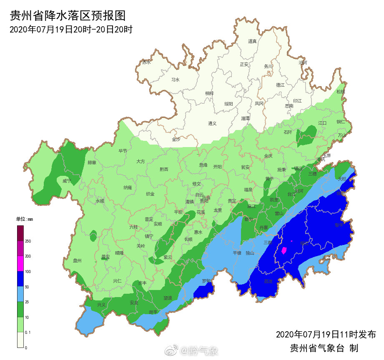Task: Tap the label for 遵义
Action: click(213, 123)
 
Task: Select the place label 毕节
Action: click(123, 151)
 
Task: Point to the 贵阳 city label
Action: click(204, 201)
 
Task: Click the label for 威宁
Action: click(67, 181)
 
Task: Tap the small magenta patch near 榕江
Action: click(284, 250)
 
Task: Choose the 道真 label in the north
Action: click(252, 41)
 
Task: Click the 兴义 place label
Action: click(101, 305)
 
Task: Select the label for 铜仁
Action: click(341, 122)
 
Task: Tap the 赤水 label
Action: click(146, 62)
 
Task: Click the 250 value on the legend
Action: click(28, 241)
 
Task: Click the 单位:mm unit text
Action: click(25, 219)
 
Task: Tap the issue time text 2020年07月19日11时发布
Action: click(326, 335)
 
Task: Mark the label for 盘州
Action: click(77, 261)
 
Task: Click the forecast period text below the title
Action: click(71, 30)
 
